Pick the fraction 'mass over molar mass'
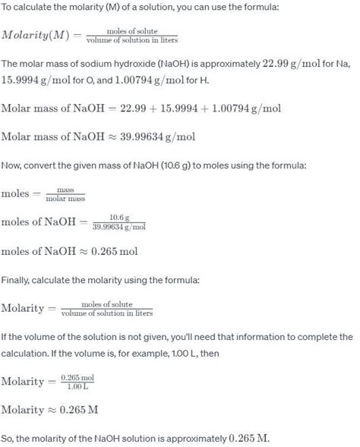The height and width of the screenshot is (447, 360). coord(67,194)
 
